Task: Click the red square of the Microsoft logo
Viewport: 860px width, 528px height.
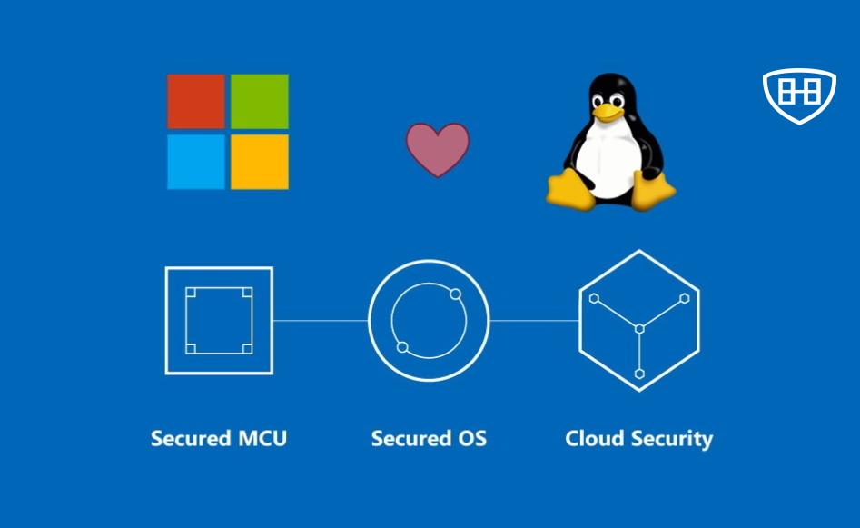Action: pyautogui.click(x=196, y=101)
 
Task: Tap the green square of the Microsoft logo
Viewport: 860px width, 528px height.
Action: pyautogui.click(x=259, y=101)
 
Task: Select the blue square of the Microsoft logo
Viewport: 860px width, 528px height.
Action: pyautogui.click(x=196, y=162)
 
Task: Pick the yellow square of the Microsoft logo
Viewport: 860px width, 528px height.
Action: pyautogui.click(x=259, y=162)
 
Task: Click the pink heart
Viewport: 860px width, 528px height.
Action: pyautogui.click(x=437, y=148)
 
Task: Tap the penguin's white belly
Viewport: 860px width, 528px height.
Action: pyautogui.click(x=610, y=164)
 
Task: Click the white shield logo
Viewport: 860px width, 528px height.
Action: pyautogui.click(x=798, y=94)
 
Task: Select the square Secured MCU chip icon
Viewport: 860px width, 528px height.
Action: pyautogui.click(x=219, y=320)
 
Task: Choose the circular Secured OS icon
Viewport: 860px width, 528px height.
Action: pyautogui.click(x=429, y=320)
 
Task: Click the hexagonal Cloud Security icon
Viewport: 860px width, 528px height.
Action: pyautogui.click(x=639, y=321)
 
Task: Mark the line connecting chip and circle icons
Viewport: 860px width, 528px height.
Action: pyautogui.click(x=320, y=320)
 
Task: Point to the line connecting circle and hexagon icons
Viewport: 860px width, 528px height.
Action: pyautogui.click(x=534, y=320)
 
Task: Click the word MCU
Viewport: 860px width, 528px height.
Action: pyautogui.click(x=262, y=439)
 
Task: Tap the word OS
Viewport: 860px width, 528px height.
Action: pyautogui.click(x=470, y=439)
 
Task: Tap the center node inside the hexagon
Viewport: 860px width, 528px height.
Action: pyautogui.click(x=639, y=327)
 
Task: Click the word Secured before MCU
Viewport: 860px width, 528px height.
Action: pyautogui.click(x=191, y=439)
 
